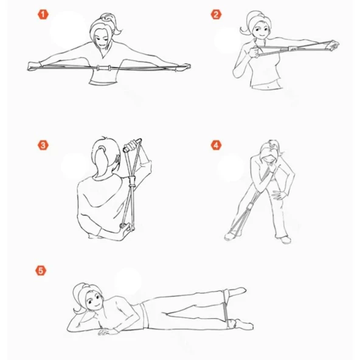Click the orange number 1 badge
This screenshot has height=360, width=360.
(43, 15)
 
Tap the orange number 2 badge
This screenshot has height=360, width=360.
(216, 15)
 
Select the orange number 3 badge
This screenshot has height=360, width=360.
(43, 145)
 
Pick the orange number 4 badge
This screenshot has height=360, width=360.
(216, 145)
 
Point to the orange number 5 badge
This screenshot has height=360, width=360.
(41, 271)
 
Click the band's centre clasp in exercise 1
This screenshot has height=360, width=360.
(104, 68)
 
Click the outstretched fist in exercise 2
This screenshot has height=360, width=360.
(333, 45)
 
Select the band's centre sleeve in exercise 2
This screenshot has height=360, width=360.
(292, 49)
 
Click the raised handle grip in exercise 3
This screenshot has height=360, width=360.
(132, 145)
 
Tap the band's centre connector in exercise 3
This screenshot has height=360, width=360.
(132, 182)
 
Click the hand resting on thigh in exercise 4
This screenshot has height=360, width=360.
(279, 195)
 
